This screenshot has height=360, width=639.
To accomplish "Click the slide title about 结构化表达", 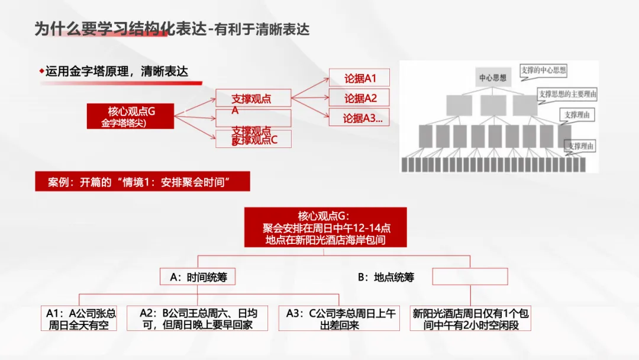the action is coord(172,29).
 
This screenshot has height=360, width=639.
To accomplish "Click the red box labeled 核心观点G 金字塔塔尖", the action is coord(130,116).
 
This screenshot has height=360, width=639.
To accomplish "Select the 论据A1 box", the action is coord(360,78).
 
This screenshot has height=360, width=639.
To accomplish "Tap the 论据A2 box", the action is coord(360,98).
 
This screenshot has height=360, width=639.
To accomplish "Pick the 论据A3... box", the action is coord(362,118).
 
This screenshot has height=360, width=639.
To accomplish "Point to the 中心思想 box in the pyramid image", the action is coord(492,78).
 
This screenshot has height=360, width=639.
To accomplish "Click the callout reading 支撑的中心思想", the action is coord(543,70).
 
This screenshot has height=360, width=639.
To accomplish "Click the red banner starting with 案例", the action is coord(142,182).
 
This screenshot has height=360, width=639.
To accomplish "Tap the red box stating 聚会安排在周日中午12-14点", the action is coord(325,227).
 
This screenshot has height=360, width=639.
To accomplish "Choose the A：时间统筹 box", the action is coord(198,277).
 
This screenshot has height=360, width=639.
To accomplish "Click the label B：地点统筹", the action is coord(386,277).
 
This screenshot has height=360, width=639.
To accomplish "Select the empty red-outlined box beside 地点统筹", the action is coord(470,277).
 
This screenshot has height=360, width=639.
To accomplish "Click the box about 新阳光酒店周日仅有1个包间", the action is coord(470,319).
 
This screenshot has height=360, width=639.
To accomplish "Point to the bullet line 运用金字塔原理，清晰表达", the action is coord(117,72).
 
